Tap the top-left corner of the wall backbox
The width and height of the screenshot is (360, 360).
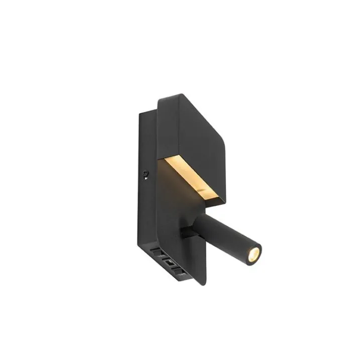tap(140, 112)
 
